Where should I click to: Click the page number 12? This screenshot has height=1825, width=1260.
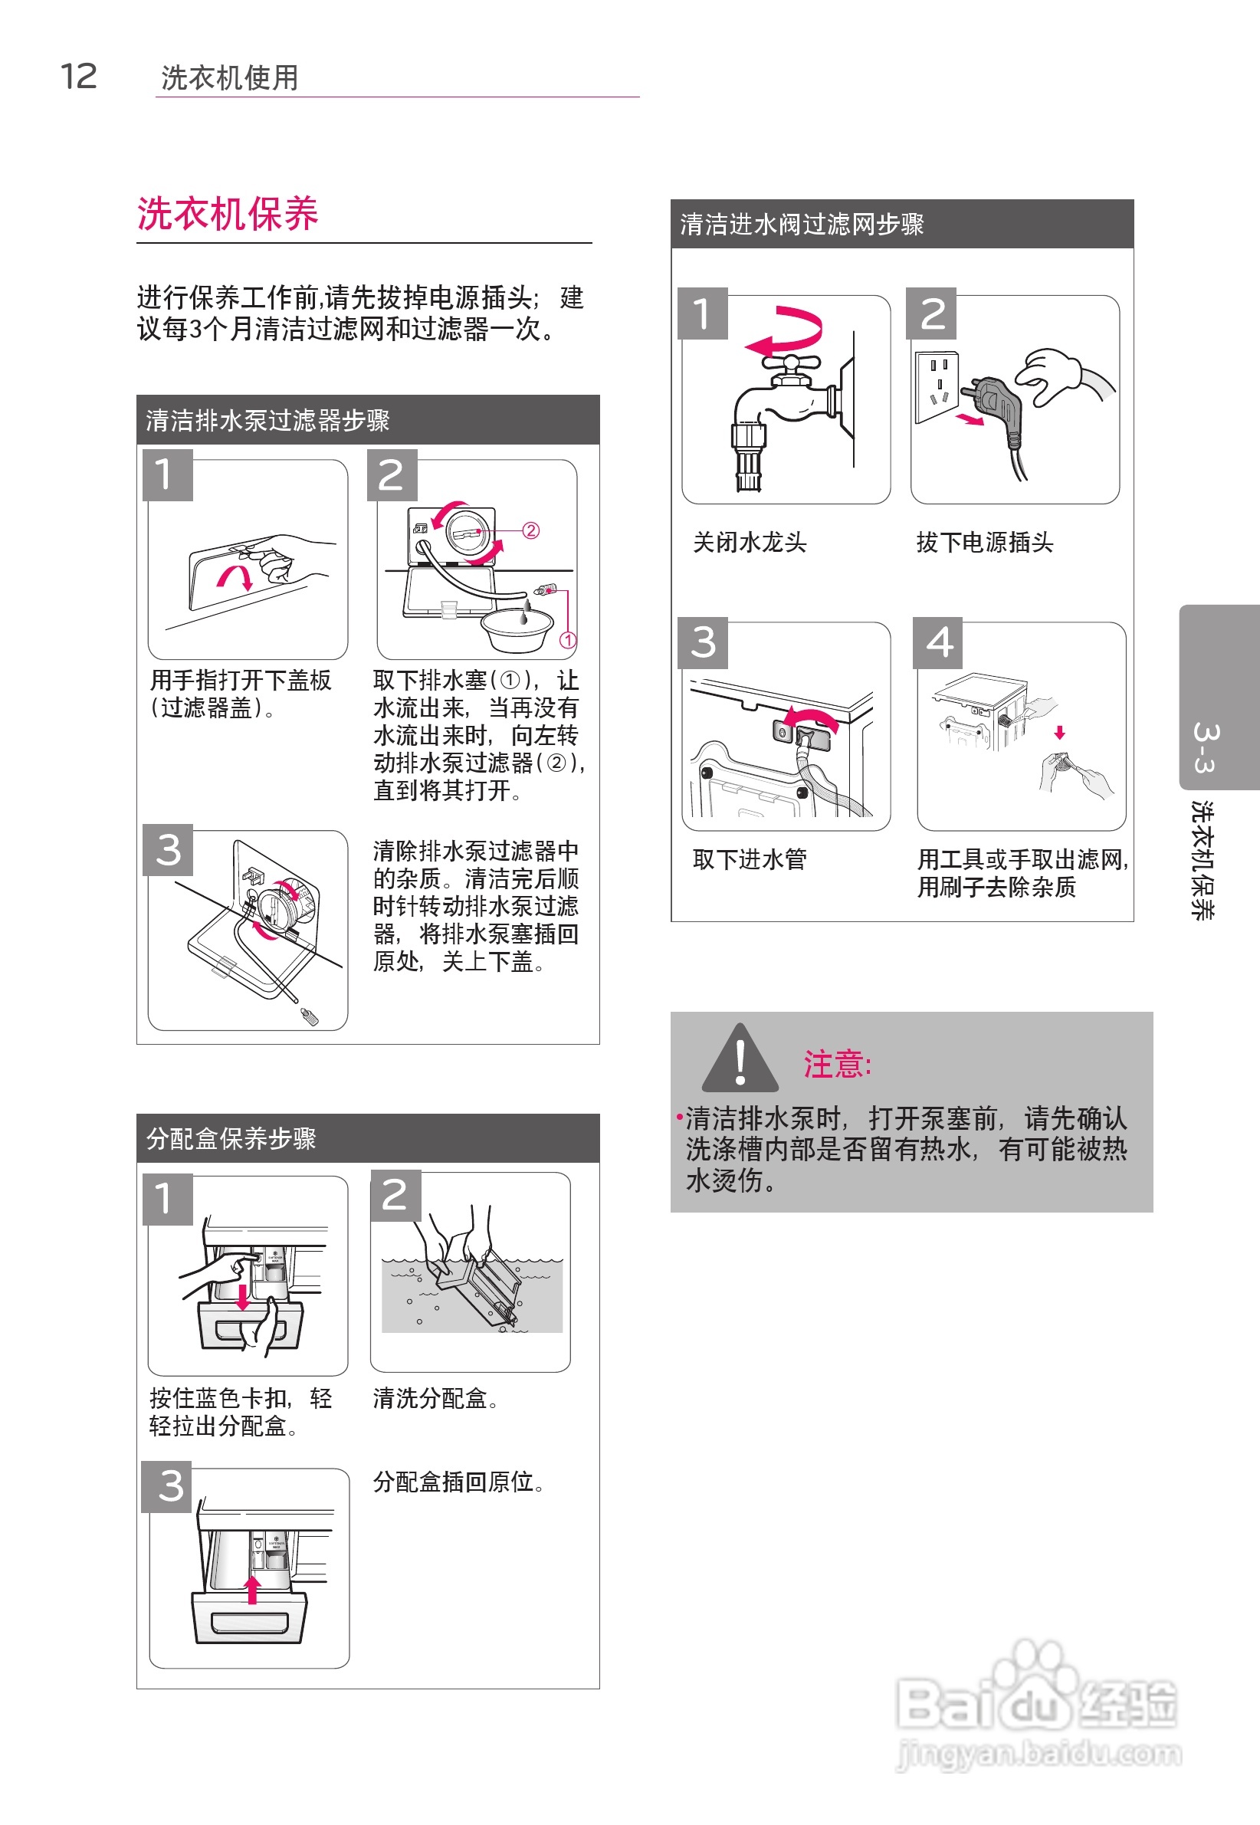pos(79,77)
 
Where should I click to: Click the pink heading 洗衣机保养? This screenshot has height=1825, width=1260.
pos(228,214)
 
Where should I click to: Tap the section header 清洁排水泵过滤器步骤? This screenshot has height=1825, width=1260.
pos(267,420)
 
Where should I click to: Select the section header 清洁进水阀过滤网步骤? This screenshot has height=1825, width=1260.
pos(802,224)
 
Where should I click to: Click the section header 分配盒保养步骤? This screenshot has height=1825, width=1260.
pos(231,1138)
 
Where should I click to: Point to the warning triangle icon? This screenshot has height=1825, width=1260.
pos(740,1057)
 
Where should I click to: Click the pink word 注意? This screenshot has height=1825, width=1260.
pos(838,1065)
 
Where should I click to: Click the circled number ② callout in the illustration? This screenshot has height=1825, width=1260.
pos(531,530)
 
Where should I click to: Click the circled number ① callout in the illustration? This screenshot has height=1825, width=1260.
pos(568,639)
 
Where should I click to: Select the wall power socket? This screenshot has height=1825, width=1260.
pos(937,387)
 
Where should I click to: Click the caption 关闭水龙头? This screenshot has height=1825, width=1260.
pos(750,543)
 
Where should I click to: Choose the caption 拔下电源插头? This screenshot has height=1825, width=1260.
pos(985,543)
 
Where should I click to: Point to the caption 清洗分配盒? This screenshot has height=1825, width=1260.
pos(435,1398)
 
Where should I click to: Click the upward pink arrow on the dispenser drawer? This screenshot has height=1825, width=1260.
pos(253,1590)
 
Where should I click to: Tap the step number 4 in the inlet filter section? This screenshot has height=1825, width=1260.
pos(938,642)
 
